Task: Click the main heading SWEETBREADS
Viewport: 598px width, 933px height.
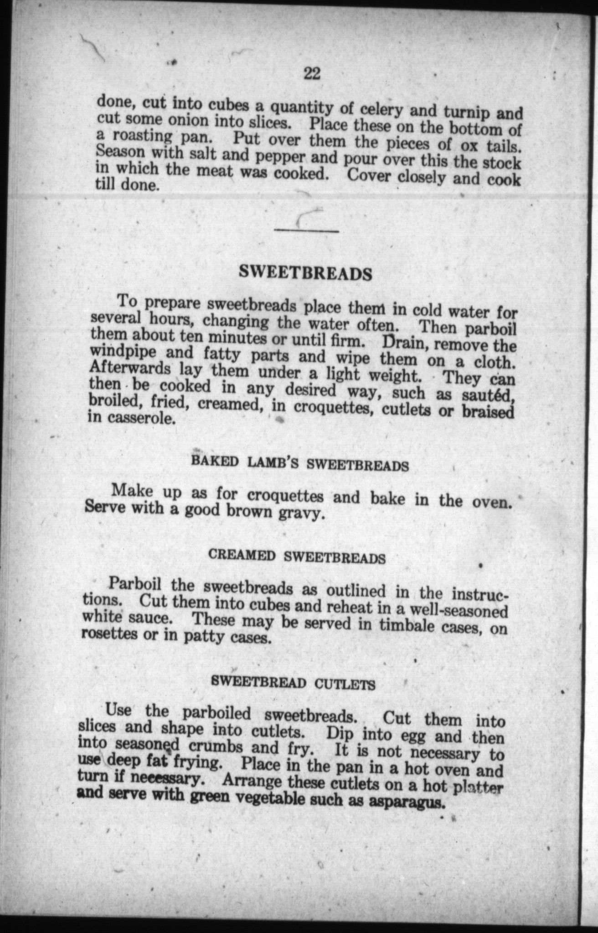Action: pyautogui.click(x=306, y=273)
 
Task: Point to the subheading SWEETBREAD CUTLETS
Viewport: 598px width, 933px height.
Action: pyautogui.click(x=294, y=683)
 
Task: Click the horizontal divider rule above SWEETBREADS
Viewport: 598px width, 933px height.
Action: pyautogui.click(x=307, y=231)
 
